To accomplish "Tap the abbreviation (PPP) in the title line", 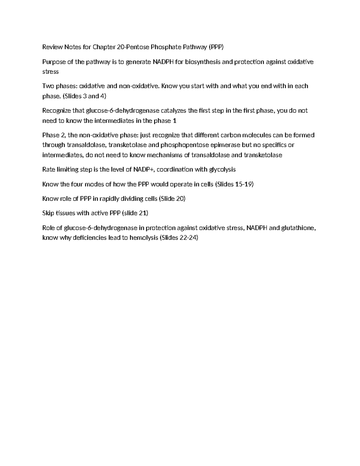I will pos(216,47).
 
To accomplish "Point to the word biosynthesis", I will pos(202,62).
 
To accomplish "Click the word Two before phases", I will pos(48,86).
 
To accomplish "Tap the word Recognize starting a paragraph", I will pos(57,110).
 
